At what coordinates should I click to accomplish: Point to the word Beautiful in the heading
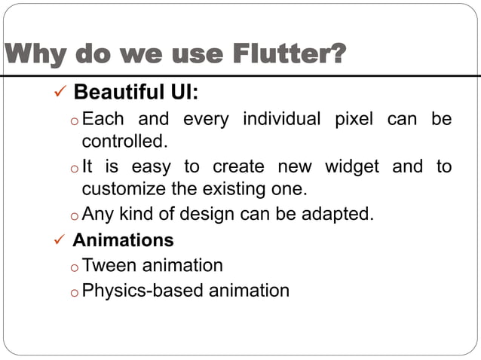(115, 93)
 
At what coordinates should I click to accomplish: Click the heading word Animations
(123, 240)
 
